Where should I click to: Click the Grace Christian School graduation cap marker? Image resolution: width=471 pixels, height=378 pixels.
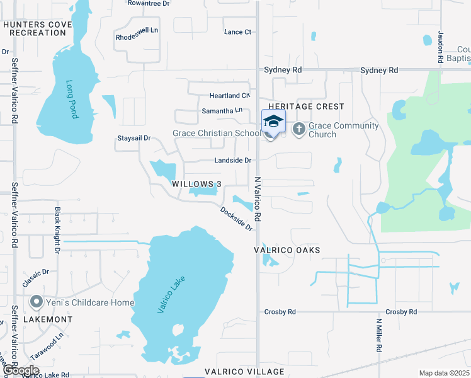[x=273, y=122]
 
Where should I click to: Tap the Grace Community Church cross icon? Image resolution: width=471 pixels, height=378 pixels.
[x=298, y=130]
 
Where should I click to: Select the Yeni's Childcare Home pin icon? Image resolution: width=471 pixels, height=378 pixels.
[x=36, y=302]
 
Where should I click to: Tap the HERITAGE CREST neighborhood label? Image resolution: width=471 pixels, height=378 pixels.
[x=307, y=106]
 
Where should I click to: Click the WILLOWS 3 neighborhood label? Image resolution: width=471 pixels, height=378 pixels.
[x=196, y=184]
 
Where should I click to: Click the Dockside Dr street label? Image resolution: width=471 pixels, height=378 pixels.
[x=237, y=218]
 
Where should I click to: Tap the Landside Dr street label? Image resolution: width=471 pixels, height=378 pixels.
[x=232, y=161]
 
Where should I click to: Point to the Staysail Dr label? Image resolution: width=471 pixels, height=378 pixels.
[x=133, y=138]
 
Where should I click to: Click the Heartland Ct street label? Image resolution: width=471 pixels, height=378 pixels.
[x=230, y=96]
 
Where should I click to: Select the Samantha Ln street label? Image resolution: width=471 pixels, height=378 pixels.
[x=222, y=110]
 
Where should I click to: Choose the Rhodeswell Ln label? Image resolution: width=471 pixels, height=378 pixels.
[x=137, y=37]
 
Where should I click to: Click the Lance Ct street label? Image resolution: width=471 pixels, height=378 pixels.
[x=237, y=32]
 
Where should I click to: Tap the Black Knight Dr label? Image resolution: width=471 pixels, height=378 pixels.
[x=57, y=231]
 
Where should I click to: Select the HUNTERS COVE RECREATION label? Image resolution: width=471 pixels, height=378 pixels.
[x=37, y=28]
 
